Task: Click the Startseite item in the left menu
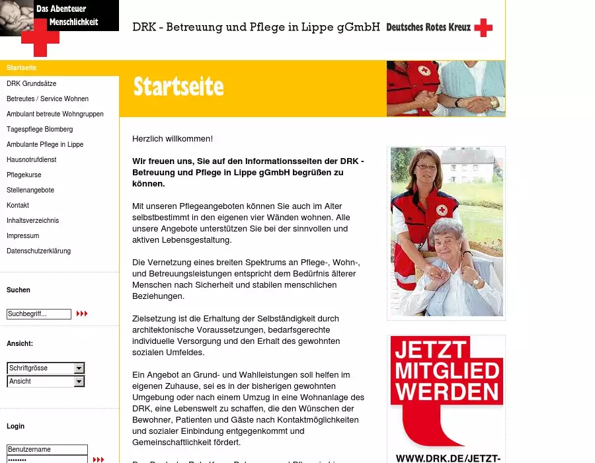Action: pyautogui.click(x=22, y=68)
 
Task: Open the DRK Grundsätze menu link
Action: pyautogui.click(x=32, y=84)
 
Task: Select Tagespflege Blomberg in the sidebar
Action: pyautogui.click(x=40, y=130)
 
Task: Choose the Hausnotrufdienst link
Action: pyautogui.click(x=32, y=160)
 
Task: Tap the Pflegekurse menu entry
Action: pyautogui.click(x=24, y=175)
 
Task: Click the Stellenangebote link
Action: pyautogui.click(x=30, y=190)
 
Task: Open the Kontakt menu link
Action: pyautogui.click(x=18, y=206)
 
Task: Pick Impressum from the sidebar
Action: pyautogui.click(x=23, y=236)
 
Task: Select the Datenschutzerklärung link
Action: pyautogui.click(x=38, y=251)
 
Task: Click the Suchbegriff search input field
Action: pyautogui.click(x=38, y=314)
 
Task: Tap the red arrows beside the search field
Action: pyautogui.click(x=82, y=314)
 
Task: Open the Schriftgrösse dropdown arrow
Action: pyautogui.click(x=79, y=368)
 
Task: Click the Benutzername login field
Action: pyautogui.click(x=46, y=450)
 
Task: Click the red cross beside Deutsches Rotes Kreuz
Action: pyautogui.click(x=483, y=28)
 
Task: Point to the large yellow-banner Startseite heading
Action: pyautogui.click(x=178, y=87)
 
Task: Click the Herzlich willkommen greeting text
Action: pyautogui.click(x=173, y=139)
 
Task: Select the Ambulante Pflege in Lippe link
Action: pyautogui.click(x=45, y=145)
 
